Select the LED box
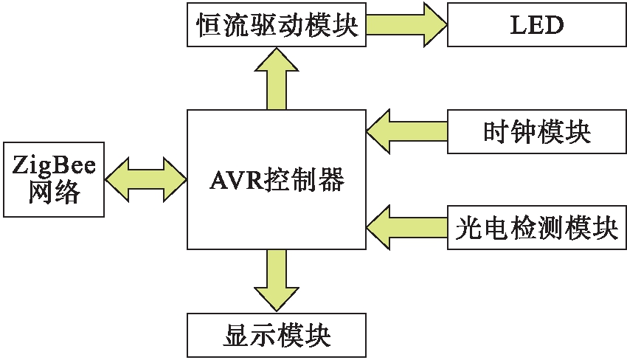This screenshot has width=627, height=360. (x=536, y=26)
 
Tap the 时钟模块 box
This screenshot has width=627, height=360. (x=536, y=132)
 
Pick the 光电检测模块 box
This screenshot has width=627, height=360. (x=536, y=229)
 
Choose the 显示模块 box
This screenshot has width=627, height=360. (x=277, y=336)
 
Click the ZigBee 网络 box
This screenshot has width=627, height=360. (x=54, y=179)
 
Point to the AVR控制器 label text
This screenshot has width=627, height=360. (x=277, y=180)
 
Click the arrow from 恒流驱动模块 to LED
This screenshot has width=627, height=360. (x=406, y=26)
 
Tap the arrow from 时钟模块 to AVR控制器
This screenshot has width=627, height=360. (x=406, y=132)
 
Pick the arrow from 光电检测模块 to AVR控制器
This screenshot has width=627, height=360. (x=406, y=229)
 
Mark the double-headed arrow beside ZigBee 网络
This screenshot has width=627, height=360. (x=146, y=179)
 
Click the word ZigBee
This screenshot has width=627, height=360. (x=54, y=165)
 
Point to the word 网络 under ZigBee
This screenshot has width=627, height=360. (x=54, y=193)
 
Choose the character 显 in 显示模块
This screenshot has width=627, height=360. (x=235, y=336)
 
